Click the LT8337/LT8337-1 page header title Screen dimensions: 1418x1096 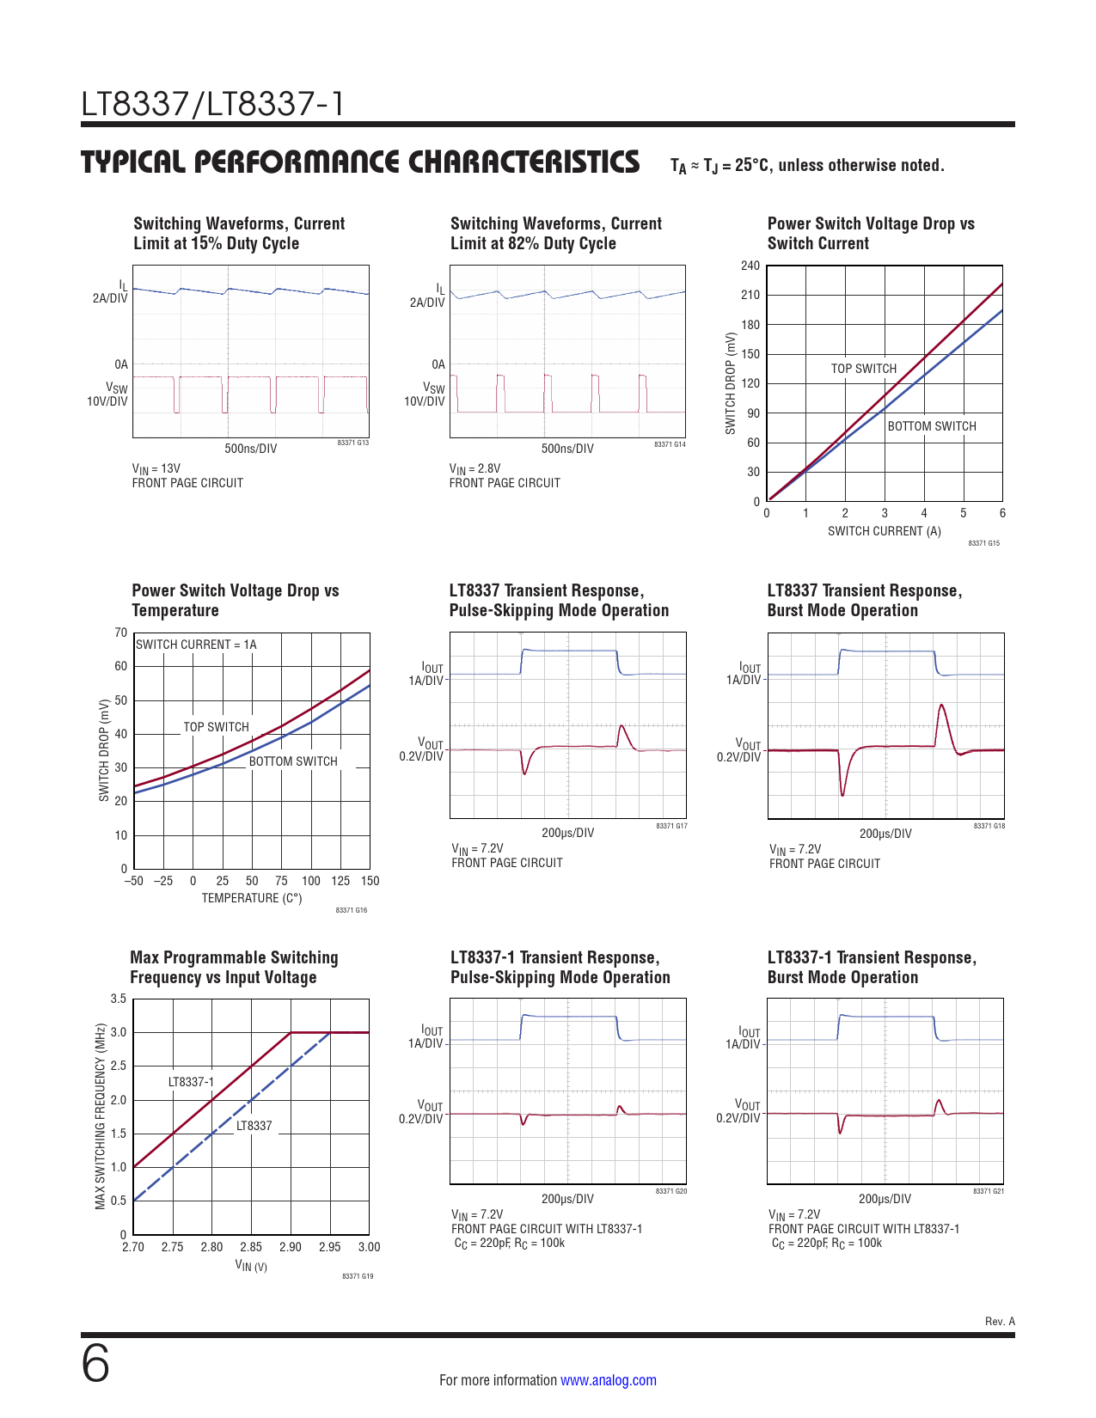212,104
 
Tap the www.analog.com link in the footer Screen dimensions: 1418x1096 608,1380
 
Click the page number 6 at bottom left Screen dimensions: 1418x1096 95,1365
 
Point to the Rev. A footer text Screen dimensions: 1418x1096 1000,1321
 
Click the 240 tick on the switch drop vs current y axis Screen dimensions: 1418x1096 750,266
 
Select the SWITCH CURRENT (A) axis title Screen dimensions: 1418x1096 884,531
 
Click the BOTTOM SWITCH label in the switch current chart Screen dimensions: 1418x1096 932,426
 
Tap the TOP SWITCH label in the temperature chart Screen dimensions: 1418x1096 216,727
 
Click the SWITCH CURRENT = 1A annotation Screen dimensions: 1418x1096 196,645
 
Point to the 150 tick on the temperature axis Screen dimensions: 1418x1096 370,881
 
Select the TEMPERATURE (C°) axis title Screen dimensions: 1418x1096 252,898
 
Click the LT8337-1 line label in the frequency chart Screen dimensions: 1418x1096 191,1082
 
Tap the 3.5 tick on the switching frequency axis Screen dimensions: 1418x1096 119,999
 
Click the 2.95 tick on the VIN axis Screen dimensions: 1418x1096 329,1247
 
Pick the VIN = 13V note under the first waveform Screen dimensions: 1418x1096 156,468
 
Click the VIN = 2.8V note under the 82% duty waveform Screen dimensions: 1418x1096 475,468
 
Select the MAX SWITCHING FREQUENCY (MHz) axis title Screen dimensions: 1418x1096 101,1116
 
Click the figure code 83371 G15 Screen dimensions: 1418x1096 983,543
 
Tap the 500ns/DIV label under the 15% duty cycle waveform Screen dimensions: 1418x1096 250,449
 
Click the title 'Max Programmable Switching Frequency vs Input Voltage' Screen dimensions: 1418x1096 234,968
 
